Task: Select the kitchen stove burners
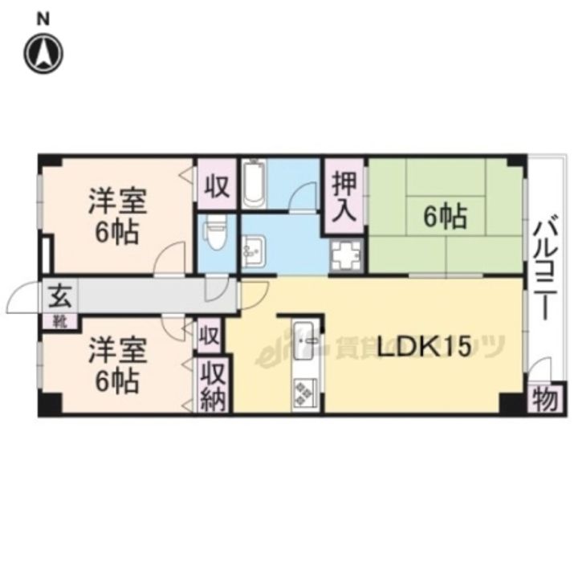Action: (x=306, y=393)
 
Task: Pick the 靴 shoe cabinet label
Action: (x=61, y=322)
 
